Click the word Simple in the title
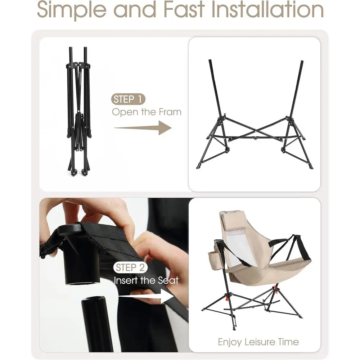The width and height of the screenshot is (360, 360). tap(72, 10)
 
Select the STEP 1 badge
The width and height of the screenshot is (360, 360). tap(128, 99)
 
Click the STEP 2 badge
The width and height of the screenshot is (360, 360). tap(130, 267)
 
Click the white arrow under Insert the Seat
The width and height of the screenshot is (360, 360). tap(147, 296)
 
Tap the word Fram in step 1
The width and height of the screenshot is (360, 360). tap(170, 112)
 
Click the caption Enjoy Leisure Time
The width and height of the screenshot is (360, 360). tap(258, 342)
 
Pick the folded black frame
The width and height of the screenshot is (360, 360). tap(78, 112)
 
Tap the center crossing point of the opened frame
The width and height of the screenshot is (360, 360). tap(255, 131)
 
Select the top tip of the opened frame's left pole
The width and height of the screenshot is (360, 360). tap(210, 60)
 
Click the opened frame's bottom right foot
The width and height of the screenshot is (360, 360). tap(311, 167)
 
